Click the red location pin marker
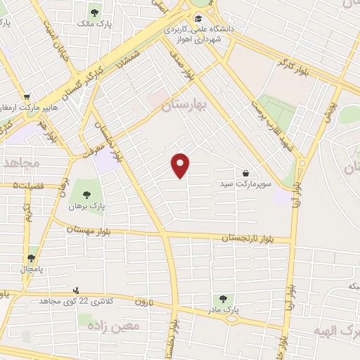[181, 165]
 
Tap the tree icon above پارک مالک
[94, 11]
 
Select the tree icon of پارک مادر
[224, 299]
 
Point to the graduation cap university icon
[199, 19]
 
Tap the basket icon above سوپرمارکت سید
[245, 172]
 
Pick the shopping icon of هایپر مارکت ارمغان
[27, 97]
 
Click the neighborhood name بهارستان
[186, 106]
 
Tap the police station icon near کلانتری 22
[76, 290]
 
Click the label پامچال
[31, 269]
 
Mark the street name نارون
[144, 302]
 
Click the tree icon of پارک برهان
[87, 195]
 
